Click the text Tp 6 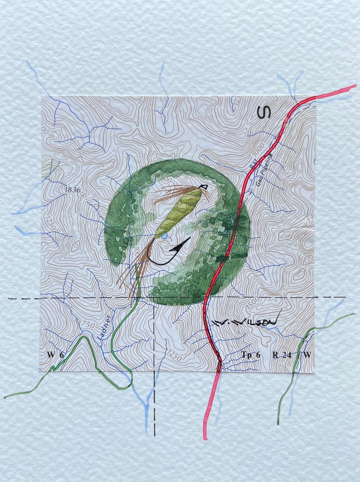coord(251,355)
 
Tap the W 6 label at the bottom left coord(55,355)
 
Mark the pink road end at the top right coord(354,86)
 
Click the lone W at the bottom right coord(307,355)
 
